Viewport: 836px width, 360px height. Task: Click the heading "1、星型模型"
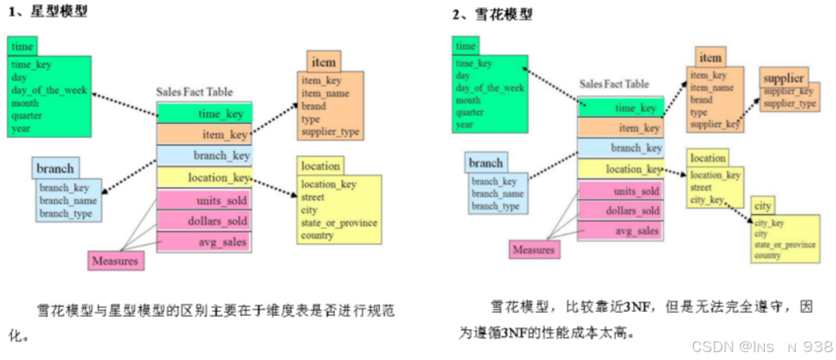pyautogui.click(x=48, y=13)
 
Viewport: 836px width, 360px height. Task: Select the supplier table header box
pyautogui.click(x=783, y=78)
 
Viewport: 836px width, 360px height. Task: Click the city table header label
pyautogui.click(x=763, y=206)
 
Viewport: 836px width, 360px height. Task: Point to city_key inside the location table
pyautogui.click(x=707, y=201)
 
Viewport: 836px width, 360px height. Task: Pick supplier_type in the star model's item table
pyautogui.click(x=330, y=131)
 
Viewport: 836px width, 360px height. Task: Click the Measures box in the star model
pyautogui.click(x=115, y=261)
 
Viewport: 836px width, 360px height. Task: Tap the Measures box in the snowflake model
pyautogui.click(x=534, y=249)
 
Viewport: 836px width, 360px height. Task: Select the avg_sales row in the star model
pyautogui.click(x=204, y=242)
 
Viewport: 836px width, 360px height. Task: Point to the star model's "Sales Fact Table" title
pyautogui.click(x=194, y=92)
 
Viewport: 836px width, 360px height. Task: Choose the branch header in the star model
pyautogui.click(x=55, y=168)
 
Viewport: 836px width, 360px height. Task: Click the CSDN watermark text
pyautogui.click(x=762, y=346)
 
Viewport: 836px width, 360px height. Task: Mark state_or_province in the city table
pyautogui.click(x=784, y=245)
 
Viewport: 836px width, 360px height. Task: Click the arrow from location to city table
pyautogui.click(x=737, y=210)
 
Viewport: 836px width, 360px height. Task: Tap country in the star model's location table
pyautogui.click(x=317, y=235)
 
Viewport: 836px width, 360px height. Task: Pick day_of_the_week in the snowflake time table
pyautogui.click(x=489, y=88)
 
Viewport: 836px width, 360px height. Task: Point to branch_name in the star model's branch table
pyautogui.click(x=68, y=201)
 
